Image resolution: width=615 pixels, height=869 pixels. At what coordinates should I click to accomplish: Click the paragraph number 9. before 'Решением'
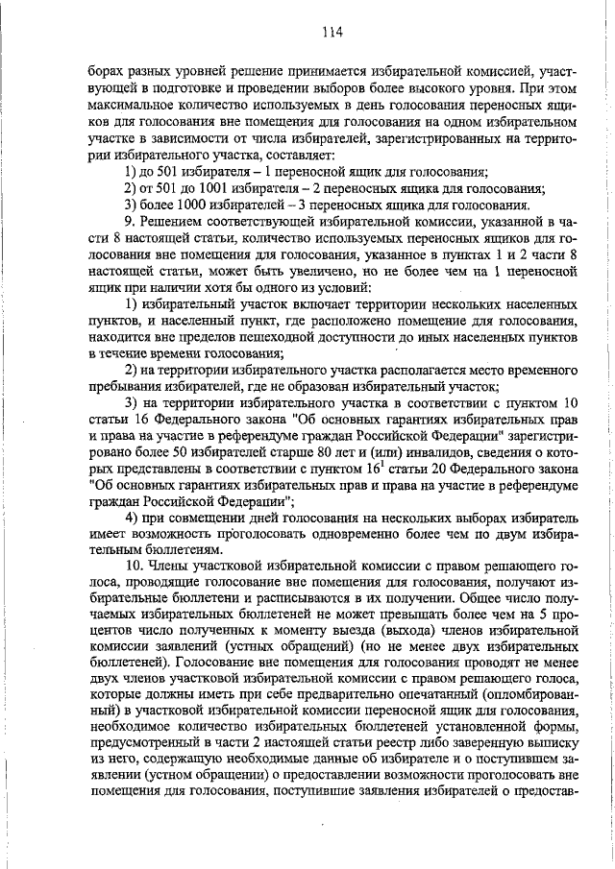click(131, 221)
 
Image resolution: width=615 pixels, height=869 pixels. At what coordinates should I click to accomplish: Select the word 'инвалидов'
click(392, 451)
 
